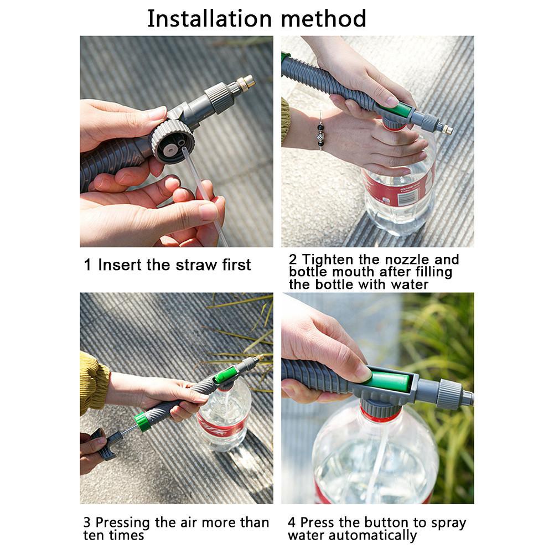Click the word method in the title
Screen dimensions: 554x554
click(323, 18)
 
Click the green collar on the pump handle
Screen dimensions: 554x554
click(143, 421)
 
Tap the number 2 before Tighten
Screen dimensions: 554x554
click(293, 260)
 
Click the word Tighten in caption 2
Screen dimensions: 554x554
click(328, 260)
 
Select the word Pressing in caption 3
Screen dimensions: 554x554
click(123, 522)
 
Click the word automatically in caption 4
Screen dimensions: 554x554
click(372, 535)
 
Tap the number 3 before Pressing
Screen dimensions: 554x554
click(87, 522)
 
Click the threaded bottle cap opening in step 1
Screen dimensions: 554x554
click(173, 142)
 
